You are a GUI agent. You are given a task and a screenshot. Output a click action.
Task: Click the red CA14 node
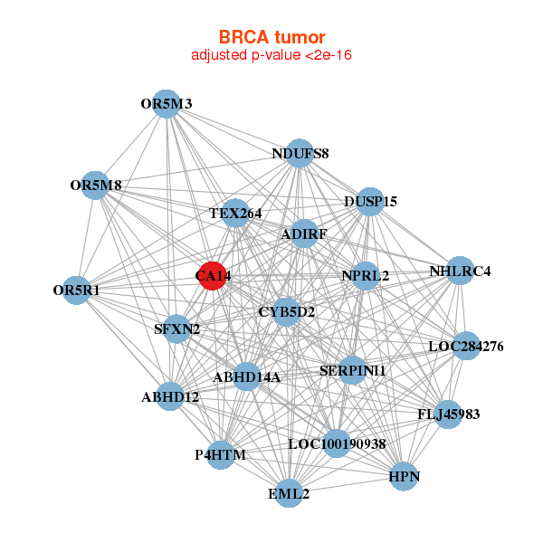tap(213, 276)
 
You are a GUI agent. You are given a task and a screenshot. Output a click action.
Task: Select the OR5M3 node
tap(167, 104)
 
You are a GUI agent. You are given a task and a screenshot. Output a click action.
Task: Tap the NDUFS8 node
tap(300, 154)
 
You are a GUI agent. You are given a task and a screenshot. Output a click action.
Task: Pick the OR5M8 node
tap(95, 186)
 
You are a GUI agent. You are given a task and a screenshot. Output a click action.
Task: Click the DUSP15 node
tap(370, 202)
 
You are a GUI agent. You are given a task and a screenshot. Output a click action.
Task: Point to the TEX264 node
tap(235, 213)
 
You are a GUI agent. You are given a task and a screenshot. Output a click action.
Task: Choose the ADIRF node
tap(304, 233)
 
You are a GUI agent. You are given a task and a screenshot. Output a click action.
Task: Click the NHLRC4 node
tap(460, 271)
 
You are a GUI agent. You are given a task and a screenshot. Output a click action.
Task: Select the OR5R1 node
tap(76, 291)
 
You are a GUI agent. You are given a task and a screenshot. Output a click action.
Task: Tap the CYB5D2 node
tap(286, 311)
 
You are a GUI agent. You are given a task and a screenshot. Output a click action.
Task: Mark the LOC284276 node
tap(466, 346)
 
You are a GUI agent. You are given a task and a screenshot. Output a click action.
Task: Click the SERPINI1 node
tap(352, 370)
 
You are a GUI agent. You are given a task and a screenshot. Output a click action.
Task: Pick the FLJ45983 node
tap(448, 414)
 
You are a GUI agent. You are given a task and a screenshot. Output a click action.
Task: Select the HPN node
tap(404, 476)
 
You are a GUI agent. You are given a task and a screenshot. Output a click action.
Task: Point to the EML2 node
tap(289, 493)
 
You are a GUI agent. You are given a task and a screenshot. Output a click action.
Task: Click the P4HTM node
tap(221, 455)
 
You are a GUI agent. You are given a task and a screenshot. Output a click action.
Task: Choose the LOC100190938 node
tap(337, 443)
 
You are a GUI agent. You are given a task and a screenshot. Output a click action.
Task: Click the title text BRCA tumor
tap(271, 37)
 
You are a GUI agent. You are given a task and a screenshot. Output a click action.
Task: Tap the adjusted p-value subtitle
tap(271, 55)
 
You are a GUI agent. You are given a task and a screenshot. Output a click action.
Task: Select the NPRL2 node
tap(365, 276)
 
